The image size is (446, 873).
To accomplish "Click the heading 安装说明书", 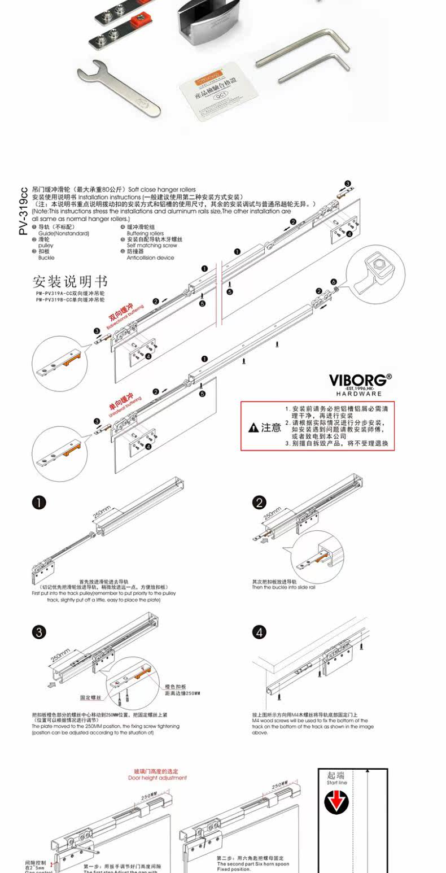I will [x=70, y=281].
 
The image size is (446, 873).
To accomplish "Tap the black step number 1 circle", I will [x=39, y=503].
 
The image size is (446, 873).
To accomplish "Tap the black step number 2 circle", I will [x=259, y=503].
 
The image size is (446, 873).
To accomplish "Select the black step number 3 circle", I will [x=39, y=632].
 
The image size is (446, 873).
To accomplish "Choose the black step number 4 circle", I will [x=259, y=632].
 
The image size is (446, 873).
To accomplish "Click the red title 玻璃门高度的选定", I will [x=156, y=771].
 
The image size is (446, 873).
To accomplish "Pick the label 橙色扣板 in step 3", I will [x=176, y=687].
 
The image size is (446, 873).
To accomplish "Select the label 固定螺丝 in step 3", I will [x=90, y=698].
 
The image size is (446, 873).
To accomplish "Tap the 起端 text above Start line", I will [x=336, y=776].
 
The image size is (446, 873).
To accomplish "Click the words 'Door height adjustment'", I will [x=157, y=778].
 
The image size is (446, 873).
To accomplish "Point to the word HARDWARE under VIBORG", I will [x=360, y=394].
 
